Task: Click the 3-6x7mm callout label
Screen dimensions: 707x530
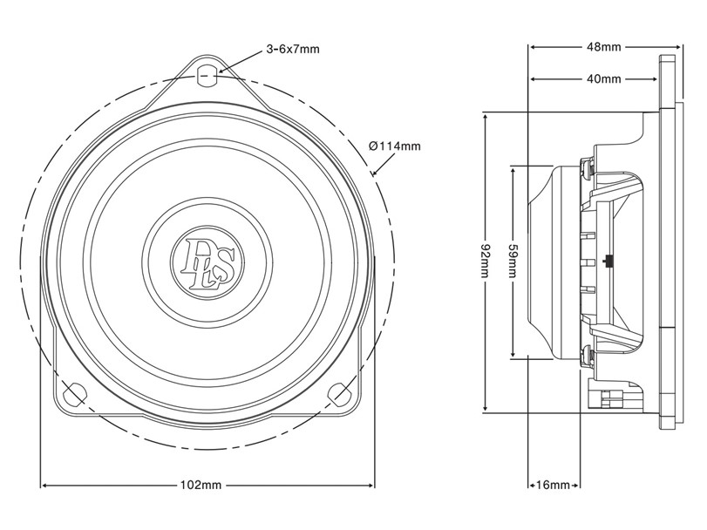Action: [x=293, y=49]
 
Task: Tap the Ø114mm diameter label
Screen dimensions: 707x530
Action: [x=395, y=146]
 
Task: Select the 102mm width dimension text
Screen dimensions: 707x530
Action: [x=201, y=485]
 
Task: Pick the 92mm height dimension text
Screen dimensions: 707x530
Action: [x=486, y=262]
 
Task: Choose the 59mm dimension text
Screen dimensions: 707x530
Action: [x=513, y=262]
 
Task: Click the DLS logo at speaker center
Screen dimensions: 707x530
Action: [x=207, y=262]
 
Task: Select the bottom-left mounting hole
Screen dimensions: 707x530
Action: [x=75, y=393]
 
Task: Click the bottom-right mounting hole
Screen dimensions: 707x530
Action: [x=339, y=393]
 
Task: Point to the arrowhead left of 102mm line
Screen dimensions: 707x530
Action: [x=44, y=486]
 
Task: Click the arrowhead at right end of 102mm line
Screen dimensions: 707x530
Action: [x=371, y=486]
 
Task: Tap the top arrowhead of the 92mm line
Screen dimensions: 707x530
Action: [x=486, y=116]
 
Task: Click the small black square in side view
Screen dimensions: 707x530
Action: [x=608, y=262]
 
